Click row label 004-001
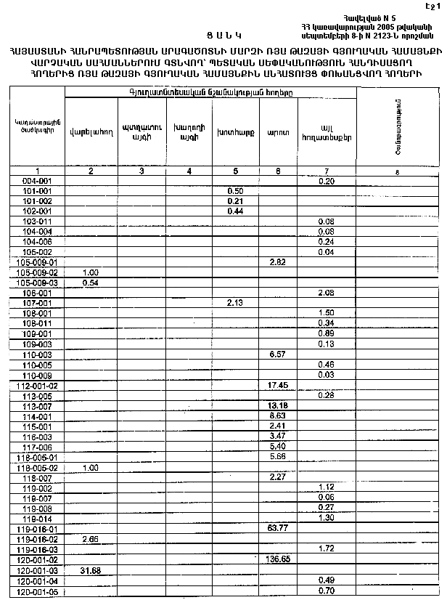[x=36, y=180]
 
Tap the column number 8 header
[x=397, y=171]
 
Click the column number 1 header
[x=36, y=171]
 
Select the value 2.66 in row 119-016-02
[x=91, y=539]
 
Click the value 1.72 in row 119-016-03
[x=325, y=549]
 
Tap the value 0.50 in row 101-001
[x=234, y=190]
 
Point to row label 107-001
[x=36, y=302]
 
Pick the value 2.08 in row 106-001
[x=325, y=292]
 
